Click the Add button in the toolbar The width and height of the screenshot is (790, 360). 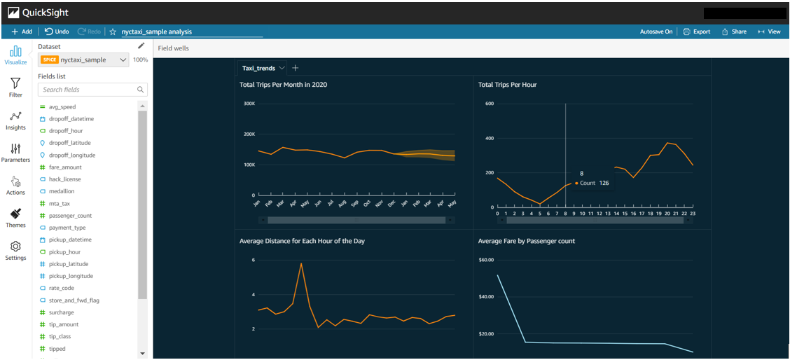[x=21, y=32]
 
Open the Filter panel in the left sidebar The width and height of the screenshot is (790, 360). [x=15, y=88]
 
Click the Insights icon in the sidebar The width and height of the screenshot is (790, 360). [x=15, y=120]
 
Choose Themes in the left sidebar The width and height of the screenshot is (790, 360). [x=15, y=218]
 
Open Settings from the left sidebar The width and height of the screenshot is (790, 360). [x=15, y=251]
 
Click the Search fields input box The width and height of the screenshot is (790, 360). [x=88, y=90]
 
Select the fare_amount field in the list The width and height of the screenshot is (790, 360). [x=65, y=167]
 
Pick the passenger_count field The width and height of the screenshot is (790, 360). [x=70, y=216]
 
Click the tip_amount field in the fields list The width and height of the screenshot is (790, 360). [x=64, y=324]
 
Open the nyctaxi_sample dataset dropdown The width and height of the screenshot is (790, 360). [x=84, y=60]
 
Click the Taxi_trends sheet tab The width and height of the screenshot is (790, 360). [x=258, y=68]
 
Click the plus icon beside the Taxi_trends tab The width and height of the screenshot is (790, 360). [x=295, y=68]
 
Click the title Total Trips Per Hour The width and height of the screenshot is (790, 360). [x=507, y=85]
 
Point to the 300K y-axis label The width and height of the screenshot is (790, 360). [x=249, y=104]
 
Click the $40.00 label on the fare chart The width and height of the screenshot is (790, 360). [x=486, y=296]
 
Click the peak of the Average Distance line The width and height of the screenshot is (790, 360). [x=301, y=264]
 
